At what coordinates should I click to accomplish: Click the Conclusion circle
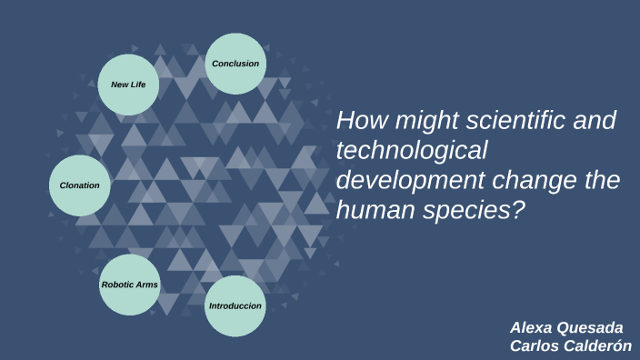[235, 64]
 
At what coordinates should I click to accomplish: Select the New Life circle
[128, 85]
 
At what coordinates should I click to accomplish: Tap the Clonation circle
[79, 185]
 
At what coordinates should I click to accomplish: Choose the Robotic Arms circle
[129, 285]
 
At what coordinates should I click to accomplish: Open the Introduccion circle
[235, 305]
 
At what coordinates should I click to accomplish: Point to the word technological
[413, 150]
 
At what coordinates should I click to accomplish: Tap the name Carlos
[534, 345]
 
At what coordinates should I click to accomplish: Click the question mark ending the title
[519, 210]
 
